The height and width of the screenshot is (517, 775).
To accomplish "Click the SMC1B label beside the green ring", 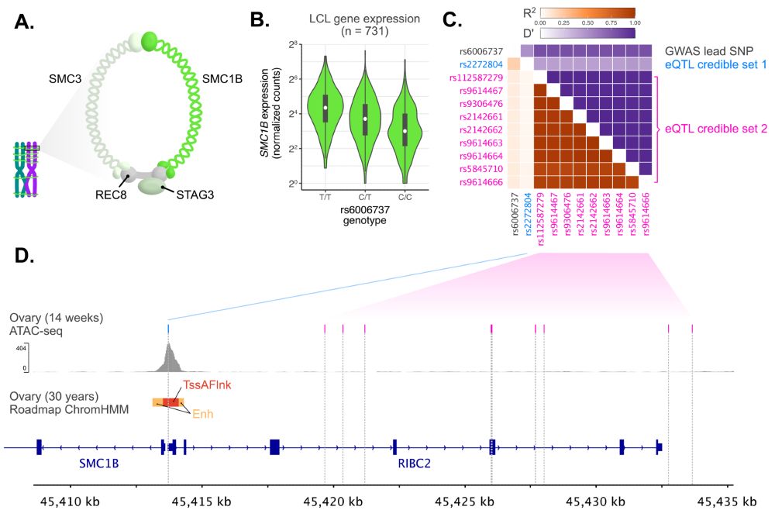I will tap(222, 79).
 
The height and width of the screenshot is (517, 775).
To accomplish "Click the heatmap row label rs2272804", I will tap(487, 65).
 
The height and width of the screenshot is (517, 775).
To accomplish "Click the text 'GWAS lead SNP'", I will tap(708, 51).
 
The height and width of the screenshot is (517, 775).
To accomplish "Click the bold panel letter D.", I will tap(26, 254).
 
